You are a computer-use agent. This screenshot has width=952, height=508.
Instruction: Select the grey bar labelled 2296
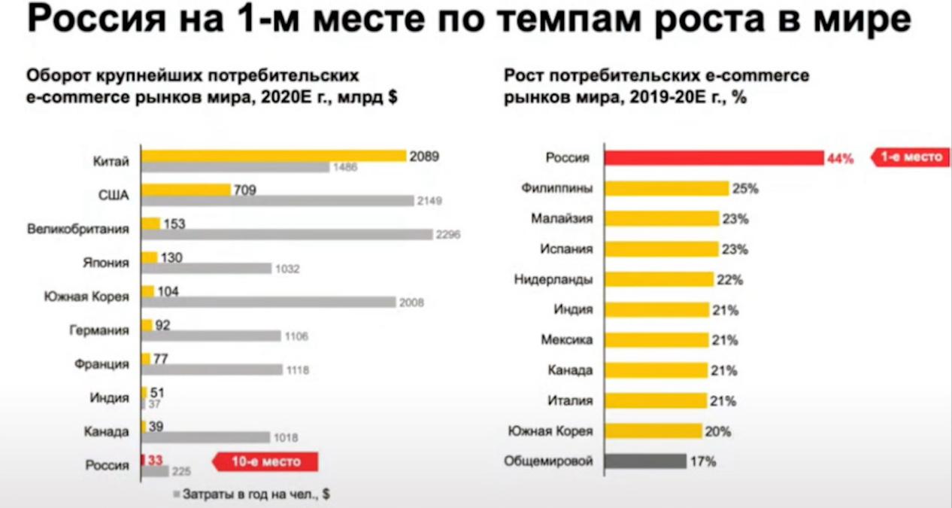(287, 234)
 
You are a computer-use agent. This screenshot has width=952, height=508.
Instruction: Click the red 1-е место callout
(910, 157)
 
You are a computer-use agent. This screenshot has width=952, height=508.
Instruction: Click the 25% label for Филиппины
(745, 188)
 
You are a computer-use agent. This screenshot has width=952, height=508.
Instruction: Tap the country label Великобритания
(77, 228)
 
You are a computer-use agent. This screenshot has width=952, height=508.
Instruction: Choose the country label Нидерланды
(553, 279)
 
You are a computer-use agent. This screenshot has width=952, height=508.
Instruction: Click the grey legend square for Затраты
(177, 494)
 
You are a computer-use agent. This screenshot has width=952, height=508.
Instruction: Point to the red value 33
(155, 460)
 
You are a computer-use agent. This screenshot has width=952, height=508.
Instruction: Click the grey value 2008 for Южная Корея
(411, 303)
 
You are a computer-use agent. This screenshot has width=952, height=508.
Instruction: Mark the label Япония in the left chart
(106, 263)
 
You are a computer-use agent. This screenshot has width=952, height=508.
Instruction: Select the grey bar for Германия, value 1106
(211, 336)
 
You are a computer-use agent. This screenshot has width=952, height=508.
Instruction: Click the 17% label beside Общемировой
(702, 461)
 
